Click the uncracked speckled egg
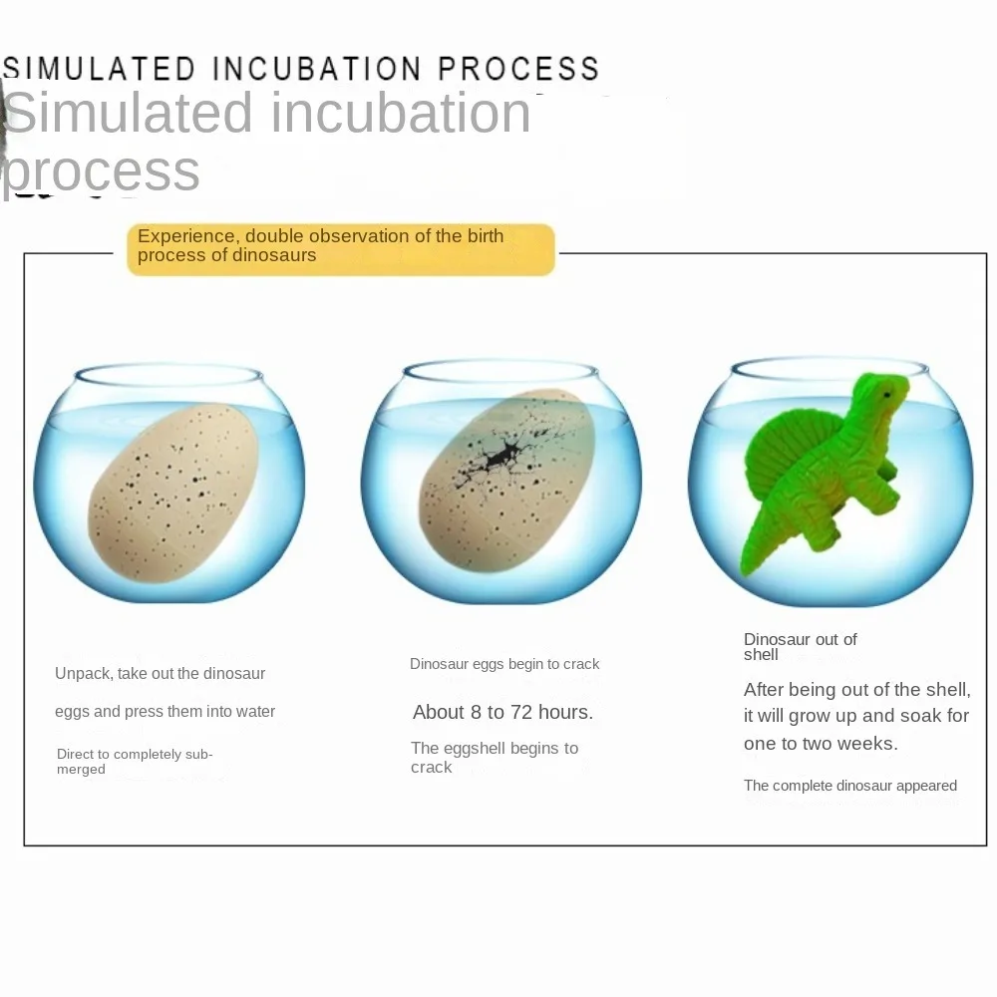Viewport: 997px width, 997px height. tap(172, 493)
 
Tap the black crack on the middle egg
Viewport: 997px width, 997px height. tap(503, 456)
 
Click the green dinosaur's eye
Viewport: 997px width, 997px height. tap(887, 395)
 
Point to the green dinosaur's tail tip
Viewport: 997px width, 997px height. tap(744, 571)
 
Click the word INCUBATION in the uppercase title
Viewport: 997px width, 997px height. tap(316, 68)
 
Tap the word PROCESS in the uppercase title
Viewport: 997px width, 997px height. tap(518, 68)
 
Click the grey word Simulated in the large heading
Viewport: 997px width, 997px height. tap(129, 113)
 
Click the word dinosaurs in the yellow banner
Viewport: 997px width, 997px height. tap(275, 255)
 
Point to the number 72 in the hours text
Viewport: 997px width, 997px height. tap(520, 712)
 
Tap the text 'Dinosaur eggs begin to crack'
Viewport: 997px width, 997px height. tap(504, 664)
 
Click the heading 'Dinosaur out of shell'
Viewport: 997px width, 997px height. tap(800, 647)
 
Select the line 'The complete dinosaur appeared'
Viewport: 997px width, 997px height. tap(850, 786)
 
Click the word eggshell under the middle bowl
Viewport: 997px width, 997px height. tap(473, 749)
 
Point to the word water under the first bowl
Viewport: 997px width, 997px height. tap(255, 712)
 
